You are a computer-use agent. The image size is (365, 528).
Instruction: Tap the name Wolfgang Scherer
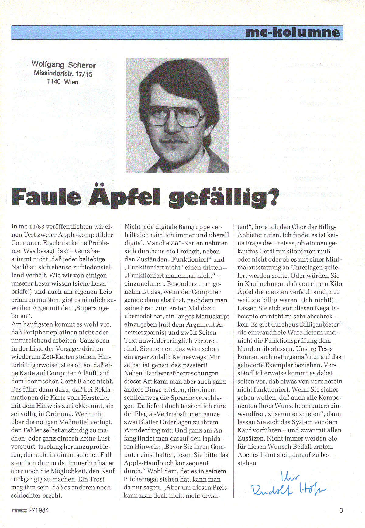(64, 65)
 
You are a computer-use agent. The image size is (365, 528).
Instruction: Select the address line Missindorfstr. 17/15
(63, 73)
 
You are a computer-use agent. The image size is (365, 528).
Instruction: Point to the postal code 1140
(54, 81)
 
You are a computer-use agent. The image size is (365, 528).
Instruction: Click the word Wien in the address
(71, 82)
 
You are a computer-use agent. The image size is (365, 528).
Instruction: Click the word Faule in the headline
(46, 197)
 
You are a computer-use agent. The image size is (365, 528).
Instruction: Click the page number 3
(341, 510)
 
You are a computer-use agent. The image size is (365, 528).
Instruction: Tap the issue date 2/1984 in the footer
(39, 510)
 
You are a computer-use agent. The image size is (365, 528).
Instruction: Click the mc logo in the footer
(19, 510)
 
